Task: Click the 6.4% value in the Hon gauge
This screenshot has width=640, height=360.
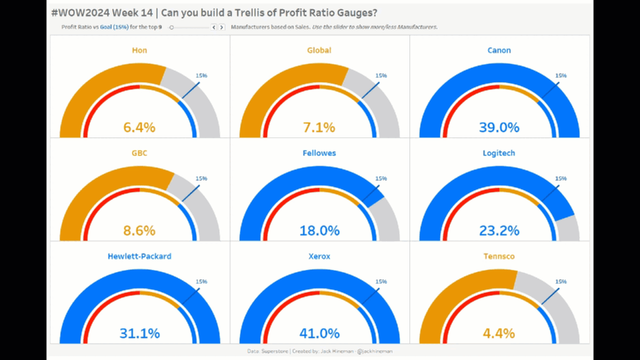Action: coord(139,127)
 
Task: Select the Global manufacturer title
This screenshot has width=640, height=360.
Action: coord(319,50)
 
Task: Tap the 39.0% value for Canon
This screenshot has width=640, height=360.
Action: coord(499,127)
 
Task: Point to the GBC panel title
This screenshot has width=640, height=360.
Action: coord(139,152)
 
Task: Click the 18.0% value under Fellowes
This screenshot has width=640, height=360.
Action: coord(319,231)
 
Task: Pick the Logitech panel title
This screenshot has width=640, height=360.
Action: coord(499,152)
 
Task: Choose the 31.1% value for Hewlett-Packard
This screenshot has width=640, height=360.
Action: coord(139,334)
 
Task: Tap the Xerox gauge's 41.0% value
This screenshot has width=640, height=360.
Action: coord(319,334)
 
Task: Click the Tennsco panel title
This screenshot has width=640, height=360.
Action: coord(499,256)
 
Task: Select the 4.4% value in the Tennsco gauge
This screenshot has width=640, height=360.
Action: coord(499,334)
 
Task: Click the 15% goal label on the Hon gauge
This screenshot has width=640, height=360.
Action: coord(201,76)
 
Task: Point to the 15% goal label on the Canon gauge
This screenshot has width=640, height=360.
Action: coord(561,76)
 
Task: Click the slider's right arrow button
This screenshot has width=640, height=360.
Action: coord(222,27)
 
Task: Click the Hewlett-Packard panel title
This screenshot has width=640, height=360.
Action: coord(139,256)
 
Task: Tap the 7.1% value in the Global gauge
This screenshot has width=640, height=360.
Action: coord(319,127)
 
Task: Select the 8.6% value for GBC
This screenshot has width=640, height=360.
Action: coord(139,231)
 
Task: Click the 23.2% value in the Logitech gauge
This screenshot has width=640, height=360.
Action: coord(499,231)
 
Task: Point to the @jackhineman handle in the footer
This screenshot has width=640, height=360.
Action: coord(376,351)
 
